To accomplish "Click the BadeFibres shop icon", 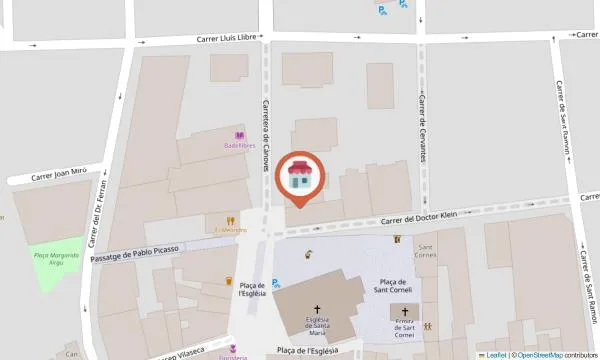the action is coord(239,136).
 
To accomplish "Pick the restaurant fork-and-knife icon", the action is coord(230,221).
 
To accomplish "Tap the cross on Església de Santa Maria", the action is coord(319,310).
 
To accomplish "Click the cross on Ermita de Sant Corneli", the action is coord(404,311).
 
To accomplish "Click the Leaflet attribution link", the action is coord(494,355).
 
